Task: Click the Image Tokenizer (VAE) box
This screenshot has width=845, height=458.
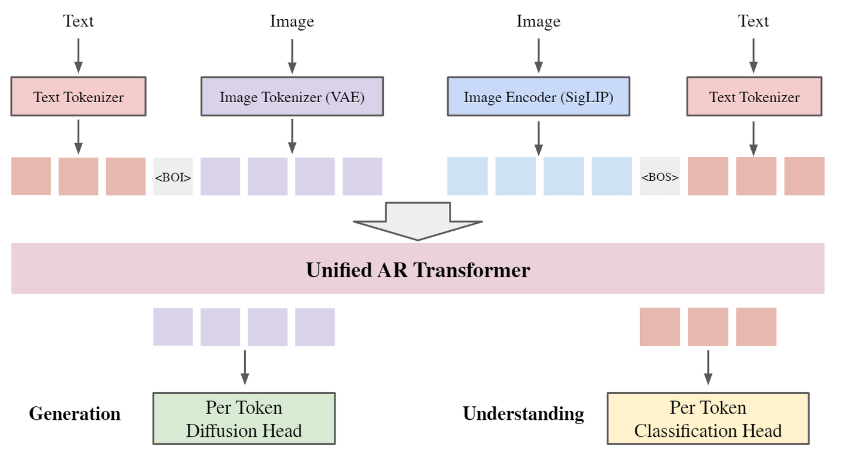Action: pos(292,96)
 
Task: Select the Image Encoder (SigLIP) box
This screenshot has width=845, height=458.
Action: pos(538,96)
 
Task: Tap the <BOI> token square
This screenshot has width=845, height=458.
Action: pos(173,176)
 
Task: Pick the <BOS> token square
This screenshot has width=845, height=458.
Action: pos(660,176)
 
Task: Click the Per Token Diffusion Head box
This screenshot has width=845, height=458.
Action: pos(244,419)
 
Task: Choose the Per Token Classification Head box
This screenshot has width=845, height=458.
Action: pos(708,419)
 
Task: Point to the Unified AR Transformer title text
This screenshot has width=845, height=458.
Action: pos(418,270)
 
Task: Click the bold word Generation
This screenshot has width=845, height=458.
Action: pos(75,413)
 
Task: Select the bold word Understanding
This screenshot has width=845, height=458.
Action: pos(523,413)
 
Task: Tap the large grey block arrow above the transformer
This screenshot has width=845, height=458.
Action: pos(418,221)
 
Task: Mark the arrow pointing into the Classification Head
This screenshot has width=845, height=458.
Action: pos(708,368)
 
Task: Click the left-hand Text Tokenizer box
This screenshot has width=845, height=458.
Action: pos(78,96)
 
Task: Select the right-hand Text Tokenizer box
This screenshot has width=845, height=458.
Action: pos(754,96)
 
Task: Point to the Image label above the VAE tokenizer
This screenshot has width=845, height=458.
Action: pos(292,22)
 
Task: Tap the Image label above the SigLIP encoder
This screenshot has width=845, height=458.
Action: pos(538,22)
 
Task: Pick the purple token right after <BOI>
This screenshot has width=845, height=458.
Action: pos(220,176)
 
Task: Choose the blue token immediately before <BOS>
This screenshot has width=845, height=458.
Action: pos(611,176)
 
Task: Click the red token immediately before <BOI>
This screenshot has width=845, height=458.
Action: pos(126,176)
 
